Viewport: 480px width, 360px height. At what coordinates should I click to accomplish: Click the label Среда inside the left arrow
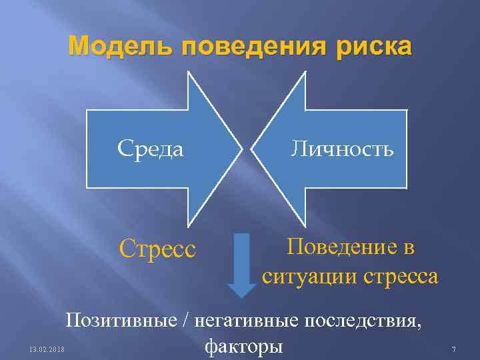click(150, 149)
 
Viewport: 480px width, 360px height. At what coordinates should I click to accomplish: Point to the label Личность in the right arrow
click(342, 148)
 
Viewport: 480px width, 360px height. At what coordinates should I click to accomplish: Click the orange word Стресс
click(157, 249)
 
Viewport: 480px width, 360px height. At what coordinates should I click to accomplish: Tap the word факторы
click(244, 346)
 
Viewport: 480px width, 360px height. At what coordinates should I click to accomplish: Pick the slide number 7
click(453, 349)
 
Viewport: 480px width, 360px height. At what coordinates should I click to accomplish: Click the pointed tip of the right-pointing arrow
click(241, 147)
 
